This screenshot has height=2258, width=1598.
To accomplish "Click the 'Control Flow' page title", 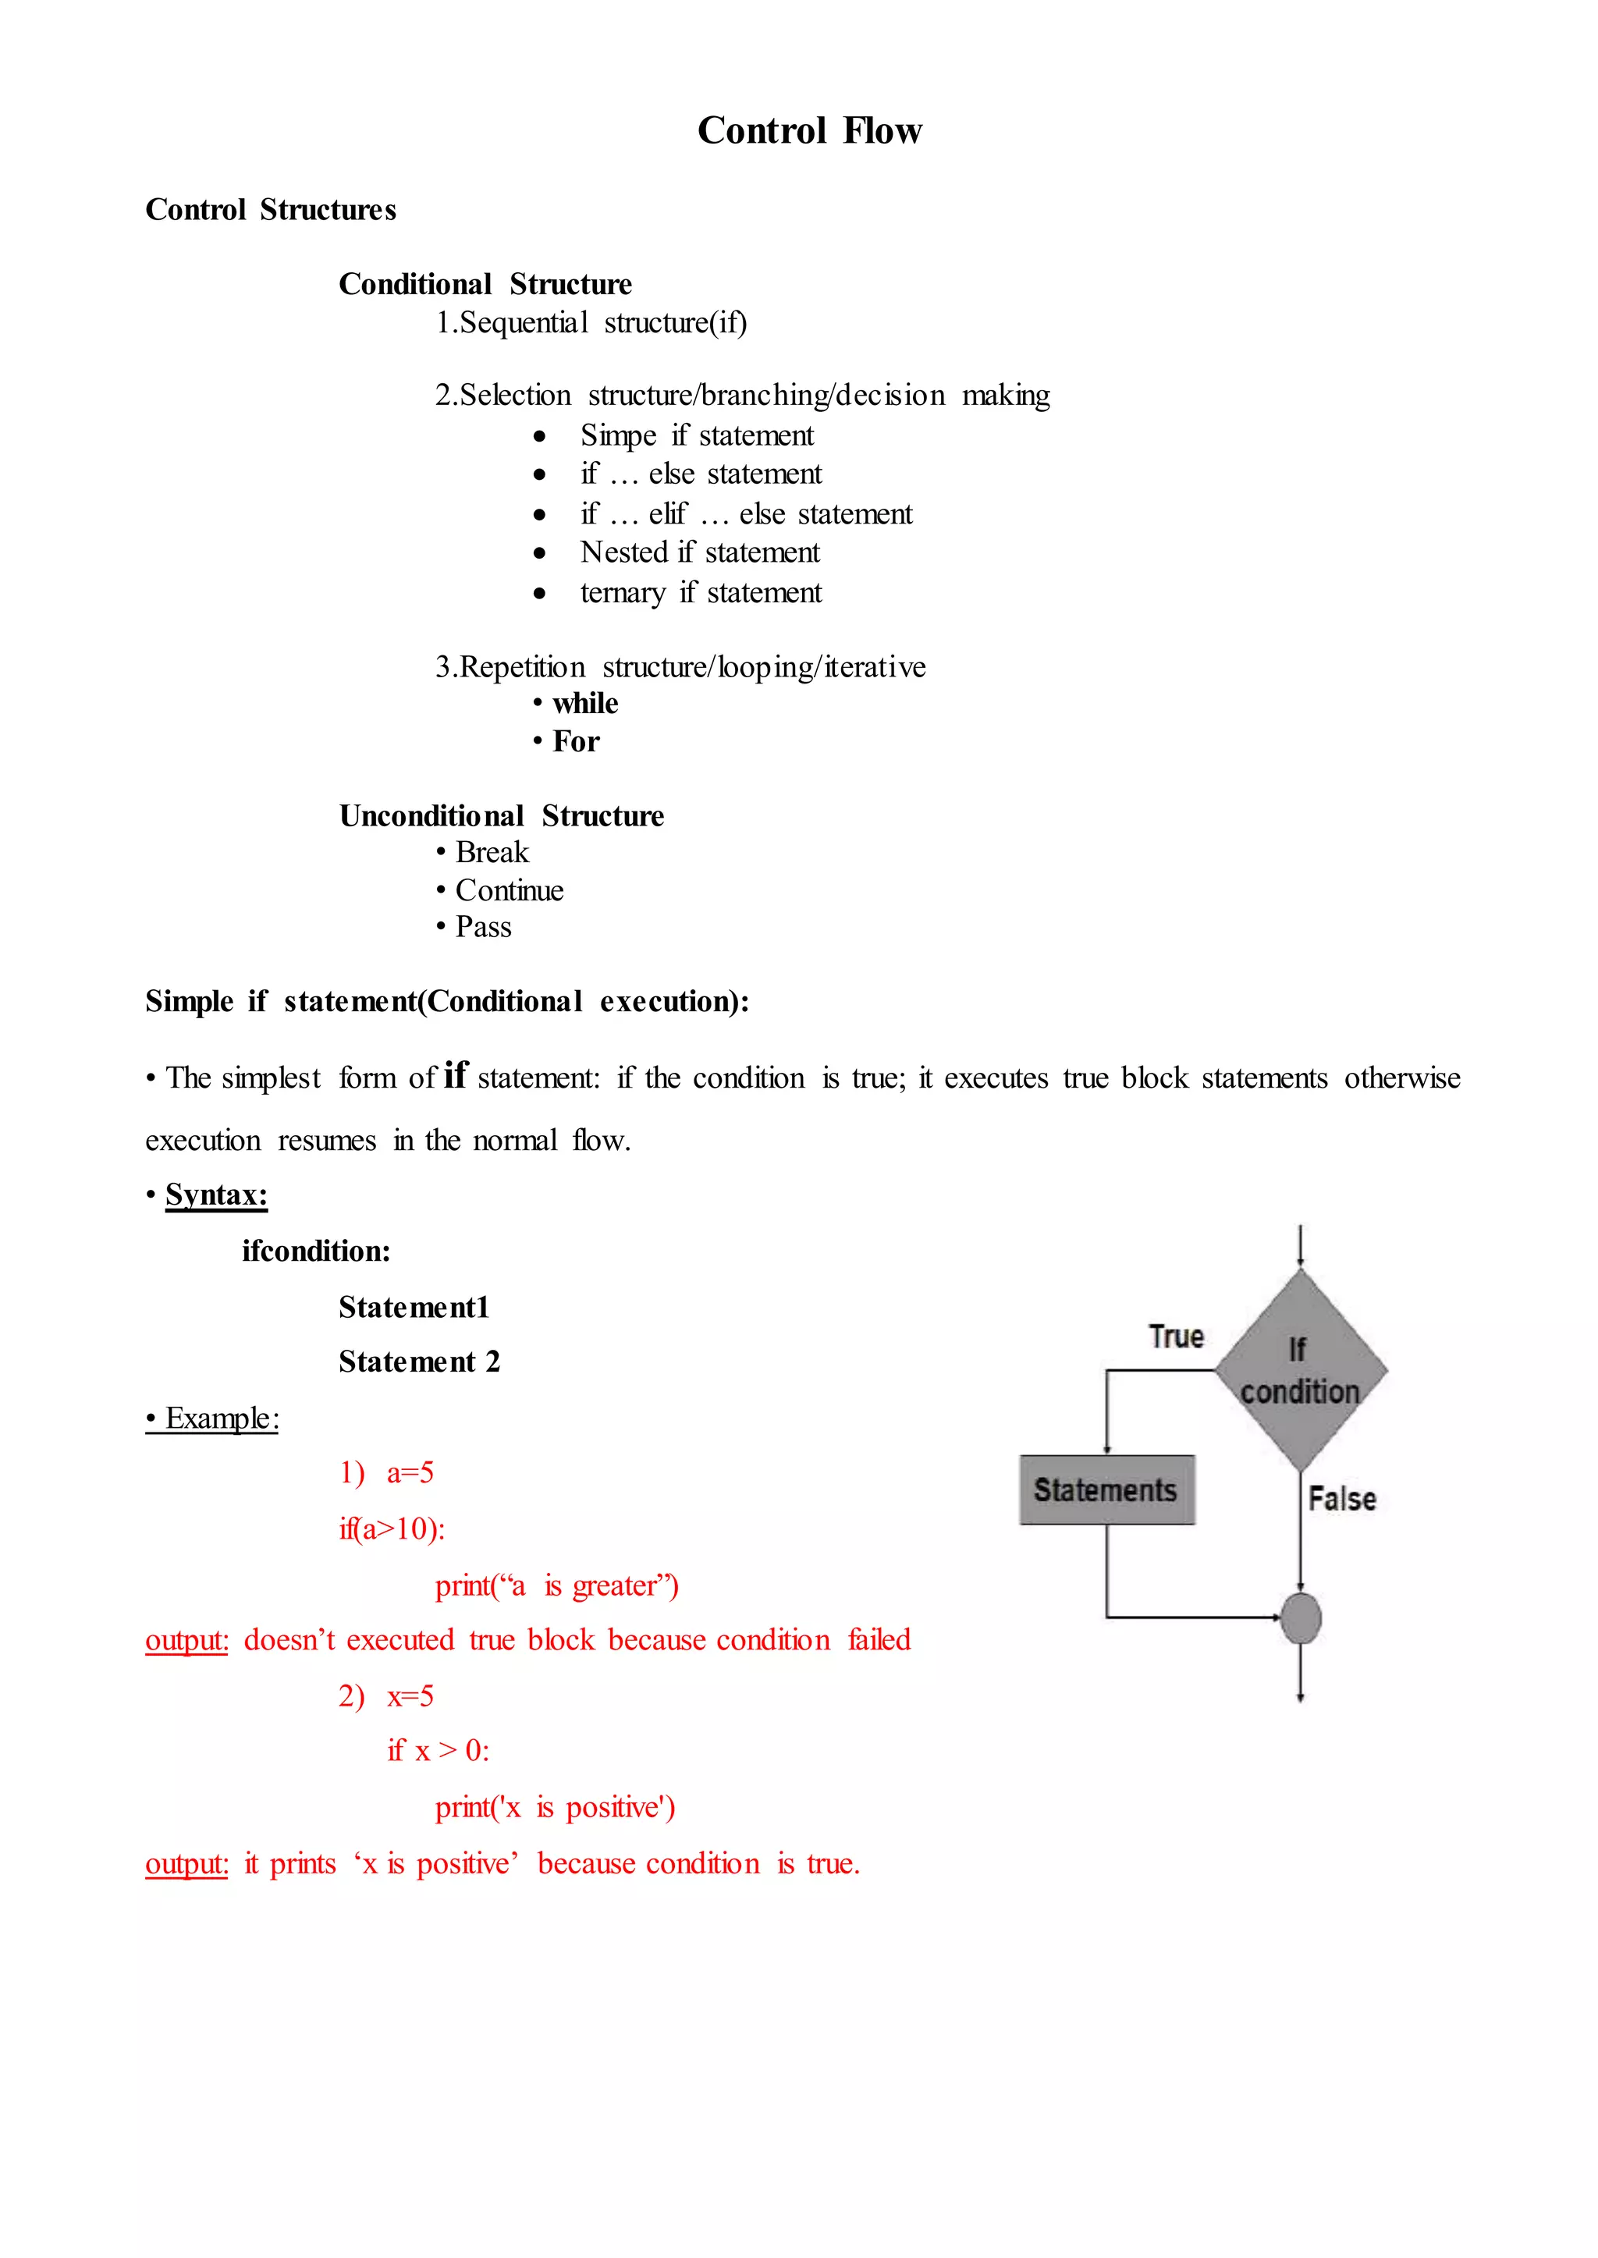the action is click(x=809, y=131).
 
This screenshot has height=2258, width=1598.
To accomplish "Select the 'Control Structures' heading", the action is click(x=271, y=210).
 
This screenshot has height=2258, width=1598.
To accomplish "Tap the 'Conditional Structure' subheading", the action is click(x=485, y=284).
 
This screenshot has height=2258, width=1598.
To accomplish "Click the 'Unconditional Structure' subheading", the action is click(x=501, y=815).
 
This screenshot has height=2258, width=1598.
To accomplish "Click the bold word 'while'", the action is click(x=584, y=704).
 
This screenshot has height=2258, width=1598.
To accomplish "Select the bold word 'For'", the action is click(x=576, y=742).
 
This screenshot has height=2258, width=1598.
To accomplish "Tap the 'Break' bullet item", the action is click(x=491, y=852).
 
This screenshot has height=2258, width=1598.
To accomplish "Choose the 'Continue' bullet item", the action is click(x=509, y=890).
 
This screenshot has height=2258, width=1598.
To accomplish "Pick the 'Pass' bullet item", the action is click(x=483, y=927).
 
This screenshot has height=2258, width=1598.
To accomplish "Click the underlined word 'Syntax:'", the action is click(x=215, y=1195).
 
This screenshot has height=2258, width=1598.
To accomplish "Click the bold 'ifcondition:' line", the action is click(x=316, y=1251).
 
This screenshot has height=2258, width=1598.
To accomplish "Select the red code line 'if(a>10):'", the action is click(x=392, y=1529).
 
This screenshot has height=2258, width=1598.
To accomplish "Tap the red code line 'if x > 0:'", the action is click(x=438, y=1750).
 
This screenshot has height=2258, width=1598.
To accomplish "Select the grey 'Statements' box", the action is click(x=1106, y=1489).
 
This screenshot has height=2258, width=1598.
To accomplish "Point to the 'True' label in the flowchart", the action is click(x=1176, y=1336).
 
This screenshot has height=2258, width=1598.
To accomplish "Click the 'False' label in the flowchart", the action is click(x=1341, y=1499).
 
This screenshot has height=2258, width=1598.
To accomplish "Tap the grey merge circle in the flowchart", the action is click(x=1301, y=1618).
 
